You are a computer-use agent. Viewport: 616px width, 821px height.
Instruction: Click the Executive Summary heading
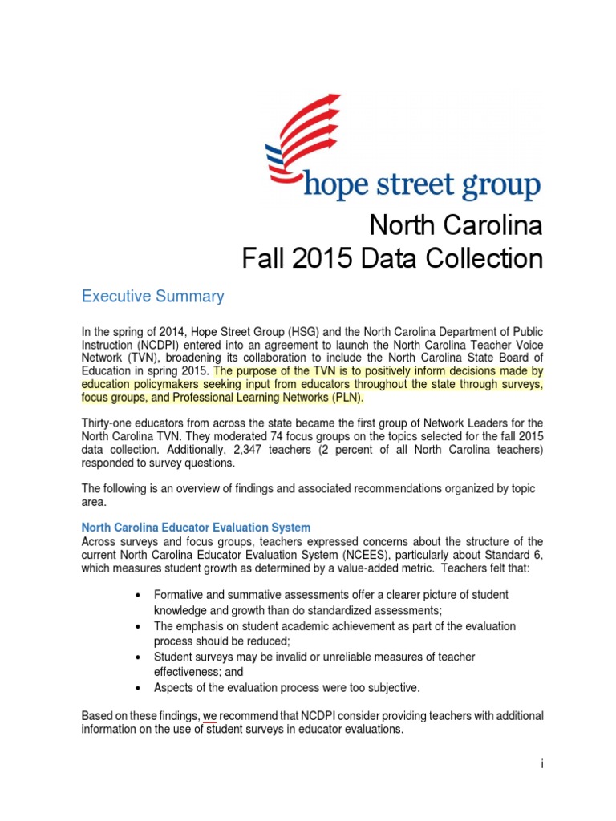coord(153,297)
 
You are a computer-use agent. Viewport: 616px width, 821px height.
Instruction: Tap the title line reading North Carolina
coord(456,226)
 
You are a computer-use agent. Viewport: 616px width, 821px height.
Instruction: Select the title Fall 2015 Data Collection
coord(392,259)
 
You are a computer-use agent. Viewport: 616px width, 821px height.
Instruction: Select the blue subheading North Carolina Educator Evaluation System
coord(196,528)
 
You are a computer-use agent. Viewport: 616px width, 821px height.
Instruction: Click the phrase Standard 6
coord(511,554)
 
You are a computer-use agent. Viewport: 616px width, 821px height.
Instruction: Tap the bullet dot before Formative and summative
coord(140,595)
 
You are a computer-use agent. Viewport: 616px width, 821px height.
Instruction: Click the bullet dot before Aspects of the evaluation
coord(140,688)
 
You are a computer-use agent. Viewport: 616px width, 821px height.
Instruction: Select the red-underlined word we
coord(209,715)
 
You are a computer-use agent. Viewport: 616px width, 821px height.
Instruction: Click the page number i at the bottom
coord(542,764)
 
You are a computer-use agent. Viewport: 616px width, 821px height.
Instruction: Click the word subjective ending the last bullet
coord(392,688)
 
